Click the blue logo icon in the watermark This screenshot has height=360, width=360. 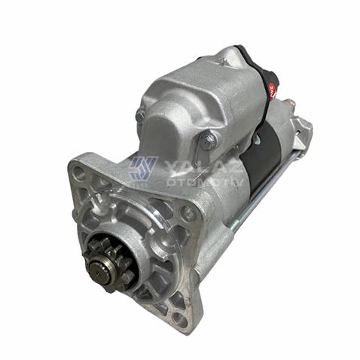point(141,167)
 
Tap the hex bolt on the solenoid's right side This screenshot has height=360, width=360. point(209,140)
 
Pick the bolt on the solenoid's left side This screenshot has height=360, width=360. point(140,114)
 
